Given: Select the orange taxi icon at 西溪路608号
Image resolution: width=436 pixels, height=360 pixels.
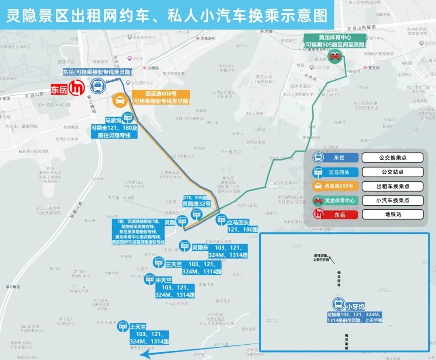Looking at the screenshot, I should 120,100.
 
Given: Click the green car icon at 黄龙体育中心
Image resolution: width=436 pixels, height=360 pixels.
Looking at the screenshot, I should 335,56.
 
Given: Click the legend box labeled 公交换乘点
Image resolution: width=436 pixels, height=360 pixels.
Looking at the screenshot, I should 392,158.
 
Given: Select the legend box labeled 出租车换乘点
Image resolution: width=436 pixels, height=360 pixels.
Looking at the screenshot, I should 392,186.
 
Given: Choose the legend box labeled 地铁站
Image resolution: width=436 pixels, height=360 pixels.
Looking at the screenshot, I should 392,215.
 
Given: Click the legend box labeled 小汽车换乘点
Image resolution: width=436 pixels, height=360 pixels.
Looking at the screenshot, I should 392,200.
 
